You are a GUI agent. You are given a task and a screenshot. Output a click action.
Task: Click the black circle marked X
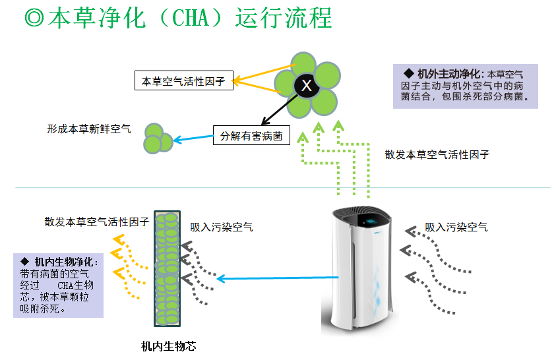click(x=306, y=85)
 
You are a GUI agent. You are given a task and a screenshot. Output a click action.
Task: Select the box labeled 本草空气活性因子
click(x=183, y=82)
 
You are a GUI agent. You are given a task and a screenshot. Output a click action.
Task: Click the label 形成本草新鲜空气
click(x=88, y=129)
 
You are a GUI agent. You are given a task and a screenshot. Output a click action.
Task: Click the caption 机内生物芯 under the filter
click(x=169, y=345)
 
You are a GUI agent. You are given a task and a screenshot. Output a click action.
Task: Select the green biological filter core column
click(x=167, y=268)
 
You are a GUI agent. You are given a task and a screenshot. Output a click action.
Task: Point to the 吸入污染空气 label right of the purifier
click(x=456, y=227)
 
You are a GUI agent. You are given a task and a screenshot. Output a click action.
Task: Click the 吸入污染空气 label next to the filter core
click(x=221, y=227)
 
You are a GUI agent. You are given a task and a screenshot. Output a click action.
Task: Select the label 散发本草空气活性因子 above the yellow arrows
click(x=96, y=222)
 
